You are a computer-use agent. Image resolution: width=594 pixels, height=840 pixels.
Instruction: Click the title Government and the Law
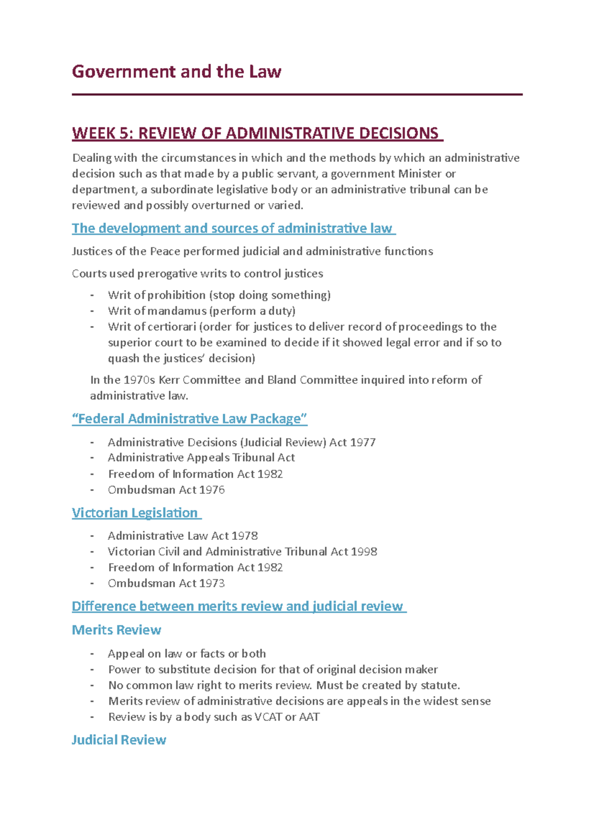point(176,72)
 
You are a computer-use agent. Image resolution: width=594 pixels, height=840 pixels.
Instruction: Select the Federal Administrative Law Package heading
point(190,419)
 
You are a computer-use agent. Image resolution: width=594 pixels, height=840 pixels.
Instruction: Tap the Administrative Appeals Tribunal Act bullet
point(201,458)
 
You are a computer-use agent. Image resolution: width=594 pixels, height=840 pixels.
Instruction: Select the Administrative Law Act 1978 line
point(183,536)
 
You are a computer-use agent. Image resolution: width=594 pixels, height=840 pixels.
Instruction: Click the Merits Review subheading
point(116,630)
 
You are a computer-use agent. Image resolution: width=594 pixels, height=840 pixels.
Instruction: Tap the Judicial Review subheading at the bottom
point(119,740)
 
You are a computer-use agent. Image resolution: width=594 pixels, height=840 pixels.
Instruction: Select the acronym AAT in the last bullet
point(309,717)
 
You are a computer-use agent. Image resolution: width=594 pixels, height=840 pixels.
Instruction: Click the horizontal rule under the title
point(297,94)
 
